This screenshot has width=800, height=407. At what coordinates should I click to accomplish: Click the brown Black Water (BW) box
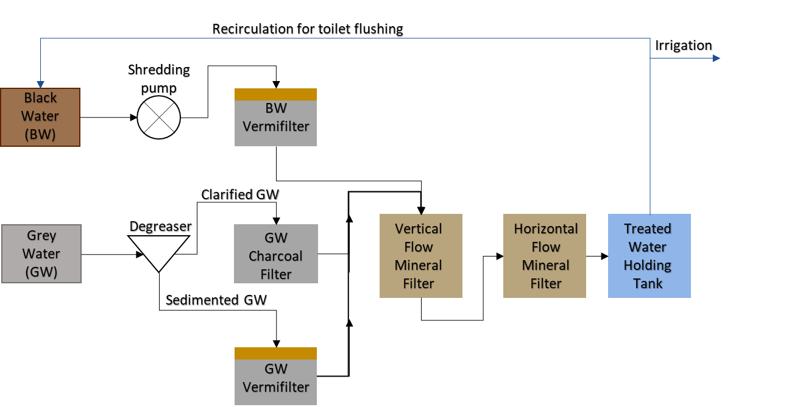(x=40, y=117)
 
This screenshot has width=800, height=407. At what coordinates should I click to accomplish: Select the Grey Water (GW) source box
(x=41, y=253)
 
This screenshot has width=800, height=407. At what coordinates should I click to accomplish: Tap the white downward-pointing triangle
(x=158, y=250)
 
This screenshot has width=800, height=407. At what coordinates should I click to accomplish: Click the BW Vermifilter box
(x=275, y=122)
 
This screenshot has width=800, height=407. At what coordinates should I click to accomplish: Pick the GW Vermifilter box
(x=275, y=381)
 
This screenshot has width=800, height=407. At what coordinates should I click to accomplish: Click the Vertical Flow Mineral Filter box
(x=420, y=256)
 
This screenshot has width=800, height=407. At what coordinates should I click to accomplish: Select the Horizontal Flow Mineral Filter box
(x=544, y=256)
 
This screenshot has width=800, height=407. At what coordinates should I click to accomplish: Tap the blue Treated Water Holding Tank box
(x=649, y=256)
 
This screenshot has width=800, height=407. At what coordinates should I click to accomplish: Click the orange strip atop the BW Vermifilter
(x=275, y=94)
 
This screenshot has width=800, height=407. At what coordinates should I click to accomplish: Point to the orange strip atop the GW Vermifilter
(x=275, y=353)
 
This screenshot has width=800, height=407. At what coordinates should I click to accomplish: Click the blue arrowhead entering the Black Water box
(x=40, y=84)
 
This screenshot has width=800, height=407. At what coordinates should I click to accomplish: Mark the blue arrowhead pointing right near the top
(x=717, y=58)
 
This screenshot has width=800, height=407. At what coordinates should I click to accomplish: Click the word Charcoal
(x=275, y=257)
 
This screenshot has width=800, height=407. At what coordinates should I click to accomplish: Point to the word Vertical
(x=419, y=229)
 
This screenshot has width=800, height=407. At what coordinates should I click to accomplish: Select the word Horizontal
(x=545, y=229)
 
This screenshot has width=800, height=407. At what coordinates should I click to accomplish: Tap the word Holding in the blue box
(x=648, y=266)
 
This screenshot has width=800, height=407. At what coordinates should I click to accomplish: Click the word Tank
(x=648, y=284)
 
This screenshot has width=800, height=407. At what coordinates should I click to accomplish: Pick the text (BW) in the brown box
(x=40, y=135)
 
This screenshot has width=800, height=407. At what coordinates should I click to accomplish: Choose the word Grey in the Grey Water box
(x=41, y=236)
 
